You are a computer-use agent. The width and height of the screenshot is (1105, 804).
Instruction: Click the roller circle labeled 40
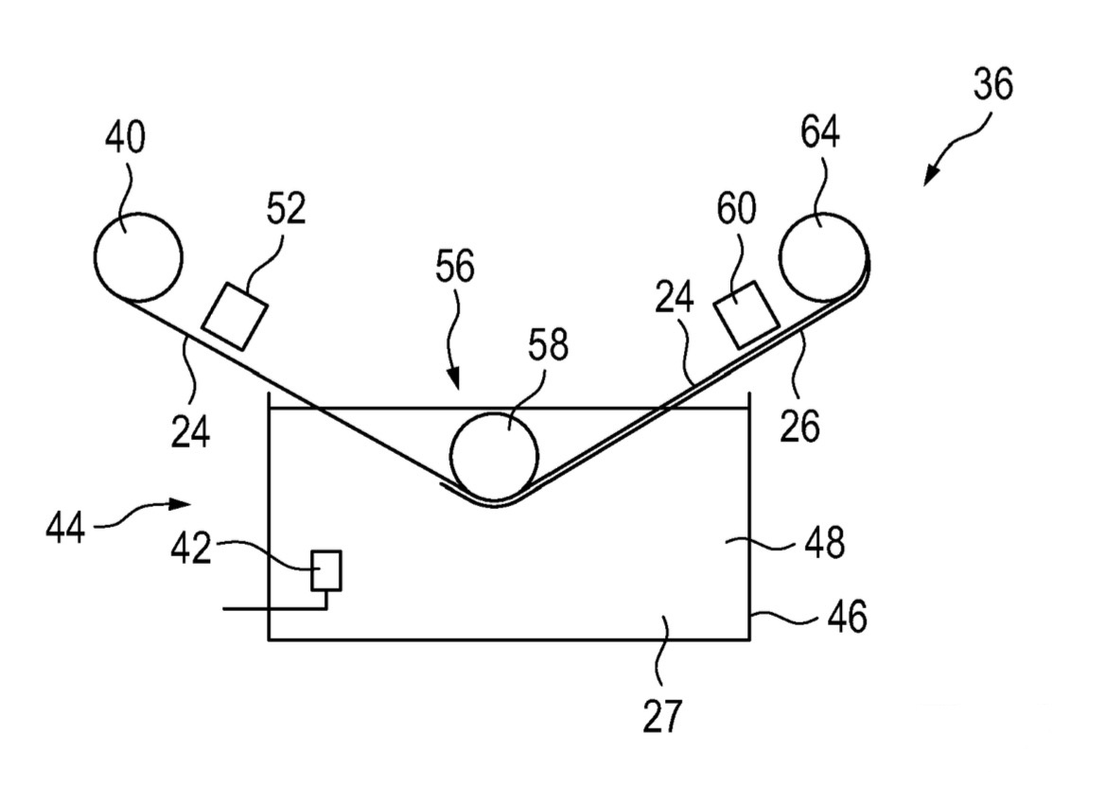(x=138, y=254)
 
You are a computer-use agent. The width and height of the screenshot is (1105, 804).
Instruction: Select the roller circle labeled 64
(x=822, y=253)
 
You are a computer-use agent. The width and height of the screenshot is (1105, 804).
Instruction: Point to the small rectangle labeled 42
(x=326, y=570)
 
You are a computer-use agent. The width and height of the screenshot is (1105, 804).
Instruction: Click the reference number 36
(x=991, y=85)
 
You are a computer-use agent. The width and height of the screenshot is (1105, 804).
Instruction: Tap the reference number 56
(x=454, y=268)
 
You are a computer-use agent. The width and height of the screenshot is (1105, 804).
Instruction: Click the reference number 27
(x=662, y=716)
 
